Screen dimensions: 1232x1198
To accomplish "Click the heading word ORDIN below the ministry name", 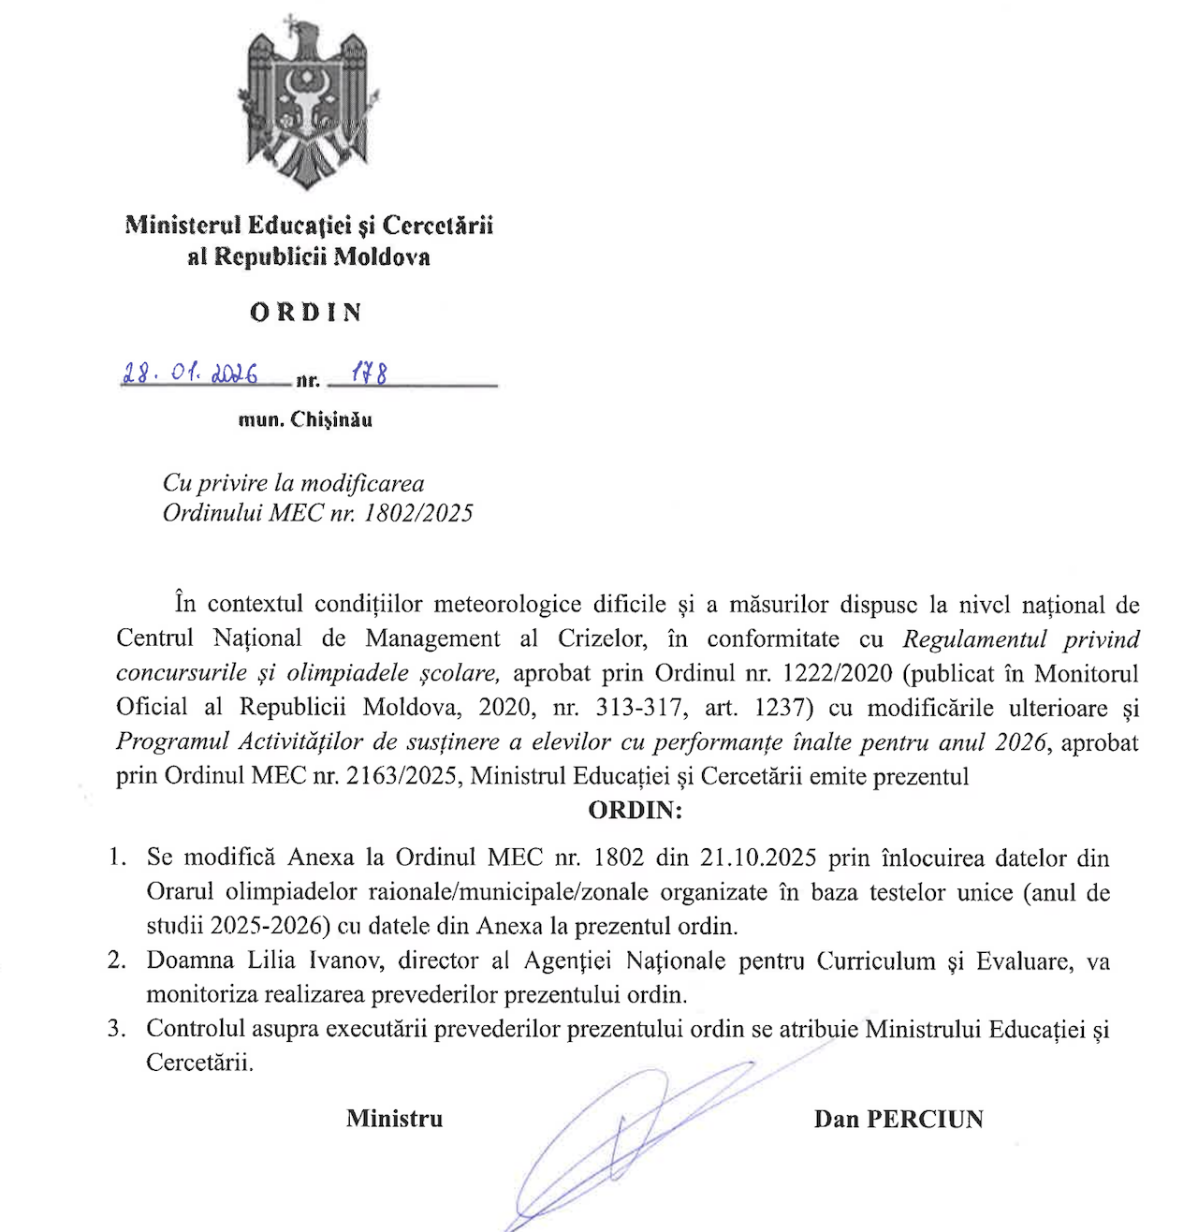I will click(x=306, y=313).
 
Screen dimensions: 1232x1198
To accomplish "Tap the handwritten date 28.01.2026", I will click(x=190, y=374).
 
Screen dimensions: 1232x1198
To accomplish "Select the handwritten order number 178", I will click(x=369, y=374).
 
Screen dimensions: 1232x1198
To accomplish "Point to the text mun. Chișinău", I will click(x=305, y=419).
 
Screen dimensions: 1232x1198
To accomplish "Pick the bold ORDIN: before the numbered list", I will click(x=635, y=810).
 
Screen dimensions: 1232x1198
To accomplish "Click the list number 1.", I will click(x=116, y=858).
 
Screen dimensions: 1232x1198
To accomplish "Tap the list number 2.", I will click(x=116, y=961).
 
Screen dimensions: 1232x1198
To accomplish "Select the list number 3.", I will click(x=116, y=1029).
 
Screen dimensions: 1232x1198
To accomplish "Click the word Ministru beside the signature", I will click(x=394, y=1119).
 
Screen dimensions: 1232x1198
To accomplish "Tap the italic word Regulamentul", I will click(x=973, y=639).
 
